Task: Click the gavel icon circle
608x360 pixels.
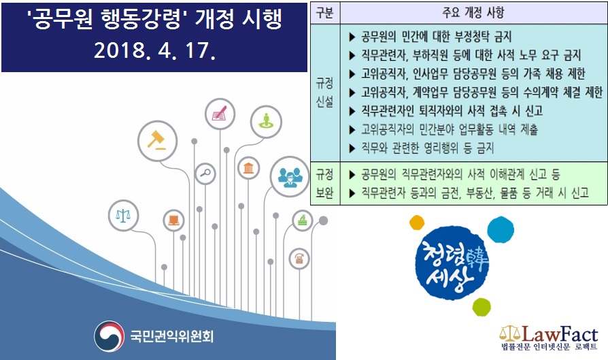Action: click(x=157, y=141)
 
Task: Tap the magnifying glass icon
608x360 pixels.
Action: click(x=205, y=173)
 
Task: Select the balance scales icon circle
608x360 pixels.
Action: click(x=123, y=215)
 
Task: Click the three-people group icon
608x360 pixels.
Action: click(x=290, y=176)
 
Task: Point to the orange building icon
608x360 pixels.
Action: click(x=248, y=168)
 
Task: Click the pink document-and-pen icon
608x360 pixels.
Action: click(x=220, y=114)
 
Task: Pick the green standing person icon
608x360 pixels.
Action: click(x=266, y=122)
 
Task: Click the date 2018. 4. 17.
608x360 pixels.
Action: click(x=154, y=50)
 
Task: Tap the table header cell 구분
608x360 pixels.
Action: click(x=324, y=13)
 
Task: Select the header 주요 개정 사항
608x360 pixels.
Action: click(x=473, y=13)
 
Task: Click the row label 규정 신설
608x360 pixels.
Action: click(x=324, y=93)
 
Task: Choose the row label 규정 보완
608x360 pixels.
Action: click(x=324, y=184)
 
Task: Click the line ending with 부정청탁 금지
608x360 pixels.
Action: click(x=430, y=37)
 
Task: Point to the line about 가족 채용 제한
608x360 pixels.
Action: click(x=467, y=73)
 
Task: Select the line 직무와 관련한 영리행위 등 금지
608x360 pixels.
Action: click(x=422, y=148)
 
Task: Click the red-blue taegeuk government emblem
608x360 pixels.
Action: click(x=109, y=336)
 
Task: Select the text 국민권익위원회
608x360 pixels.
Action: click(x=172, y=336)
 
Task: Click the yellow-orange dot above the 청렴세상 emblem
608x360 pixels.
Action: click(x=417, y=223)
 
